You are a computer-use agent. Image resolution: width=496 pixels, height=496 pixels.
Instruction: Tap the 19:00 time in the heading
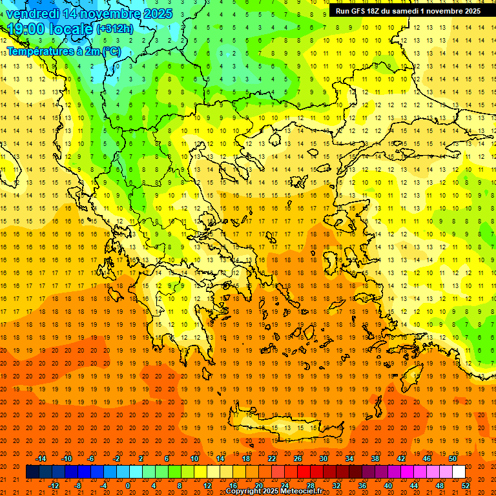(x=25, y=29)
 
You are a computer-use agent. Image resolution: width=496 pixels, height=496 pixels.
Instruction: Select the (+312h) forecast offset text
(x=116, y=29)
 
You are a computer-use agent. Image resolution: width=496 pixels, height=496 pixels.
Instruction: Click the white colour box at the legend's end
(x=459, y=472)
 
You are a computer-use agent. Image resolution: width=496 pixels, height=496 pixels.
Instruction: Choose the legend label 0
(x=128, y=486)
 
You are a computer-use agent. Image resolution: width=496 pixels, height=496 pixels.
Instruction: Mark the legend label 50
(x=452, y=459)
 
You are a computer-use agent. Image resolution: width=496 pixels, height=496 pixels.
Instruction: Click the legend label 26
(x=297, y=459)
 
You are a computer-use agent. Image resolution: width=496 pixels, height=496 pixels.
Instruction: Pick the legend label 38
(x=375, y=459)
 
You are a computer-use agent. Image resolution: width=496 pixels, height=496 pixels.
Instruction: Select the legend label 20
(x=258, y=486)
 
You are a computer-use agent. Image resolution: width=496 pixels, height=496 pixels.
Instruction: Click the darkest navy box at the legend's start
(x=32, y=472)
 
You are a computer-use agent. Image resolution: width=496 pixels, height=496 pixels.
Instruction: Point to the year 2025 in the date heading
(x=157, y=14)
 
